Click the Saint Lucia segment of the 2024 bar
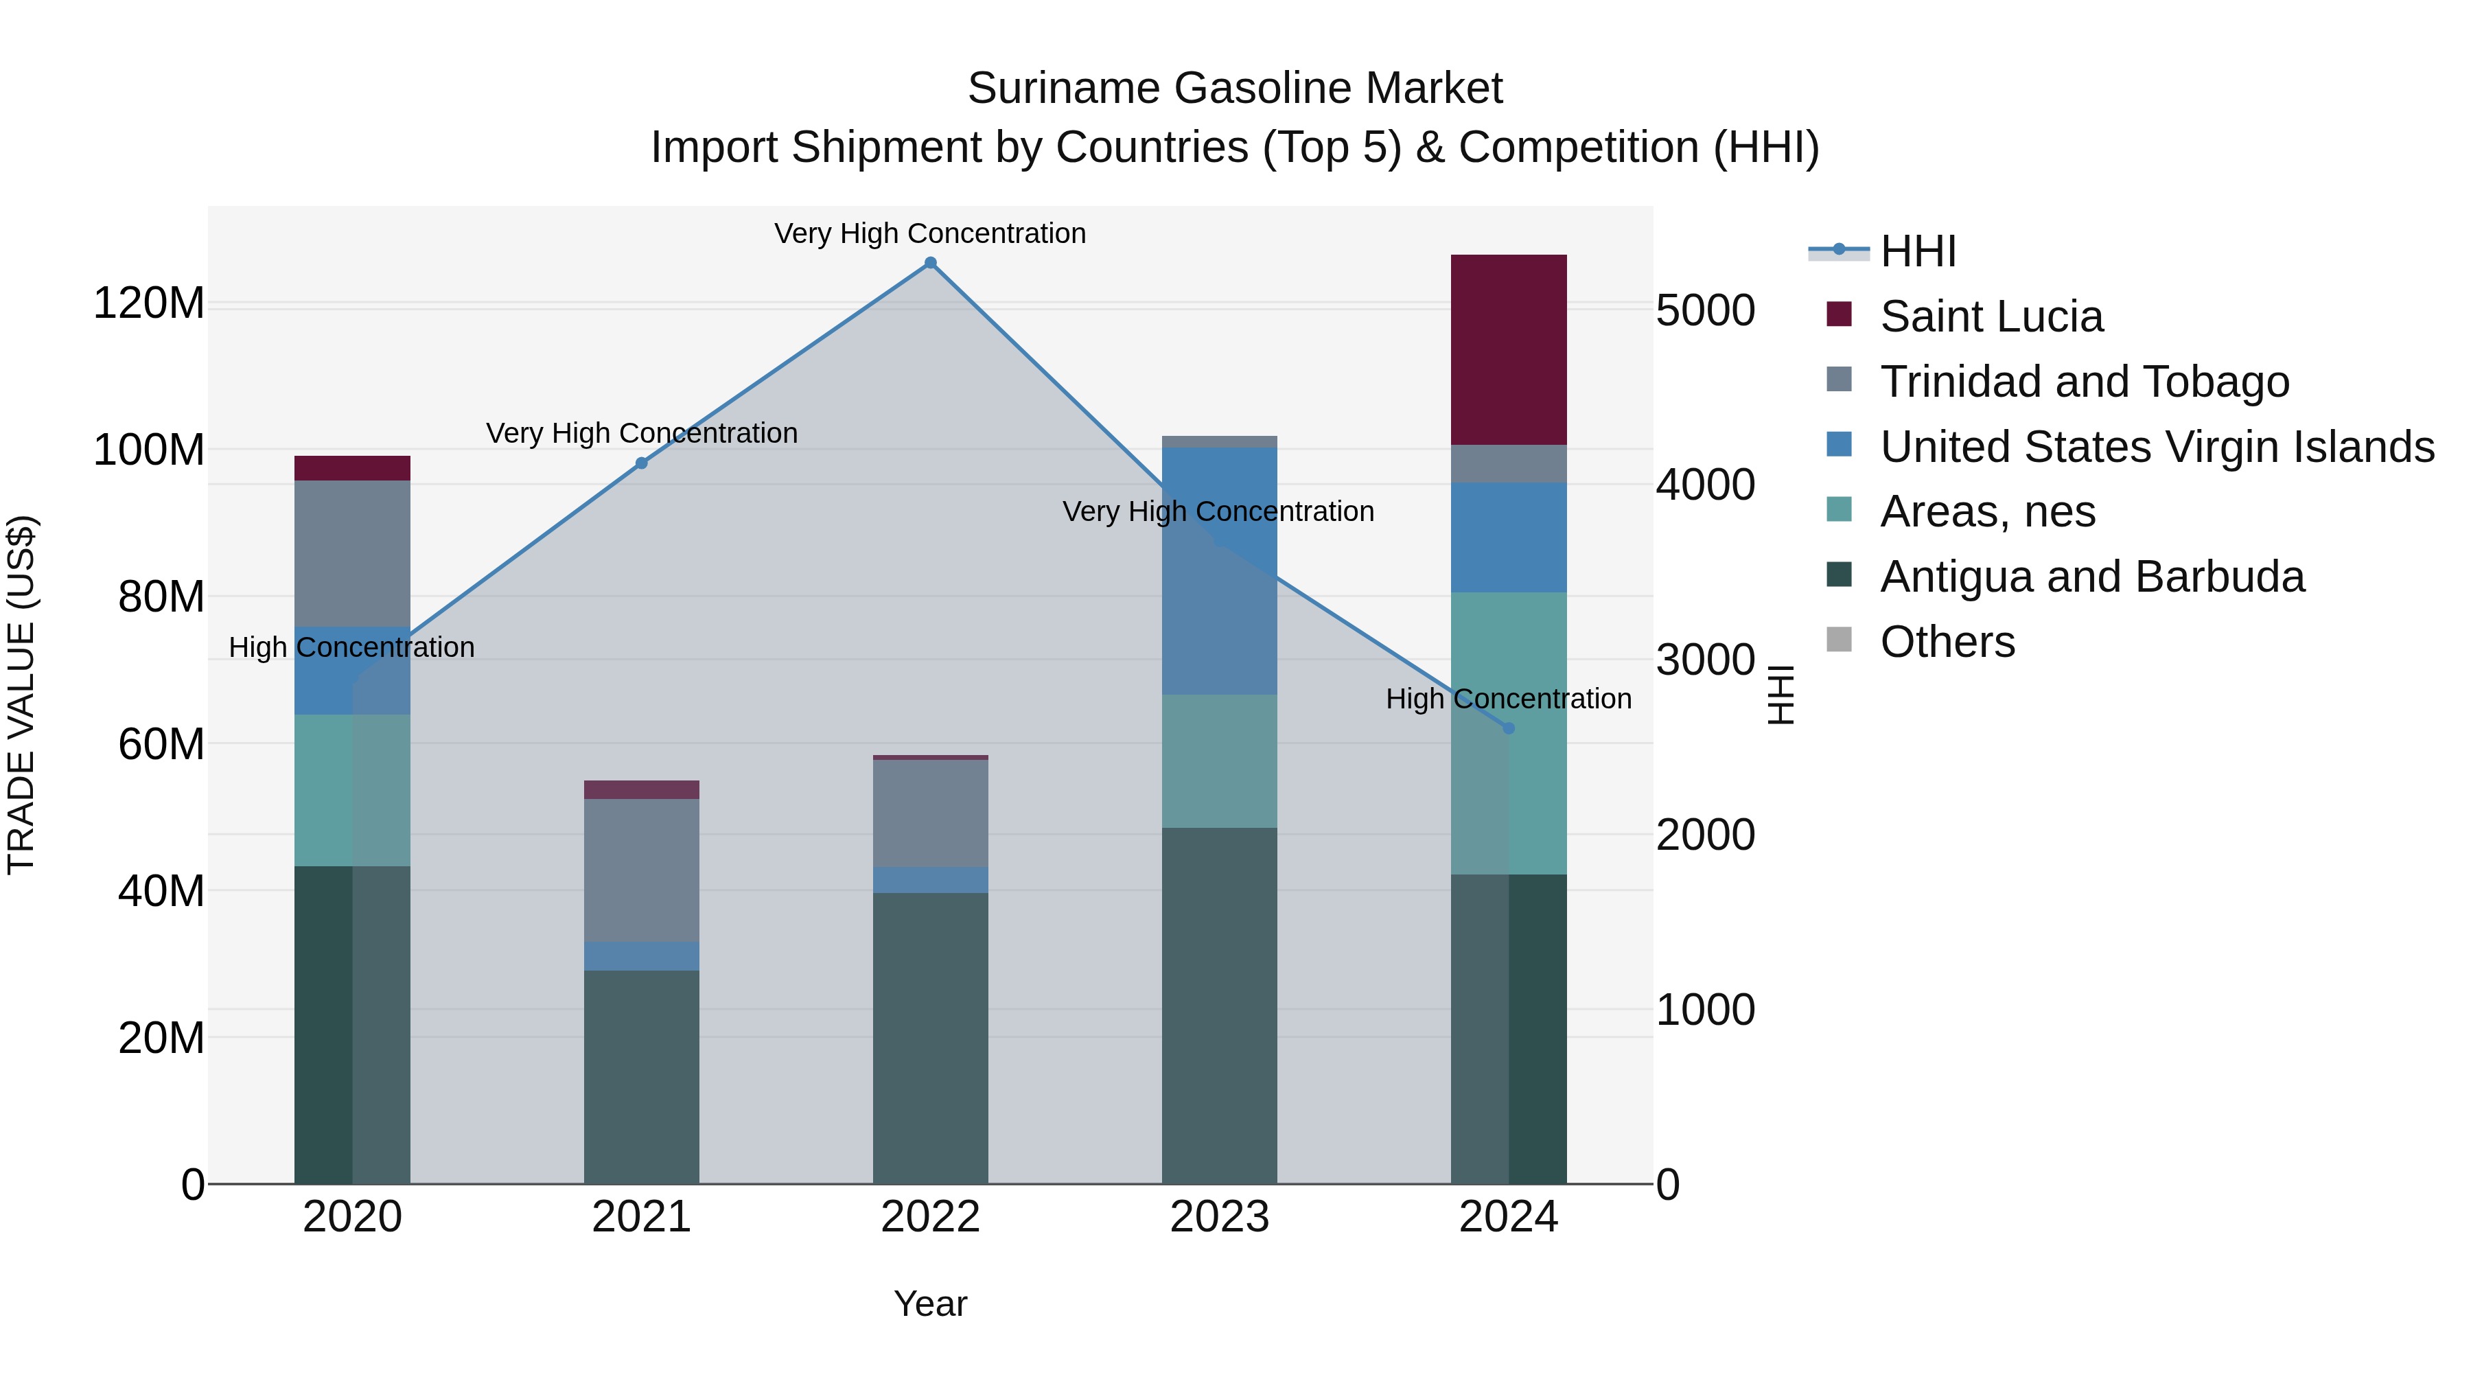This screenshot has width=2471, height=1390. tap(1508, 349)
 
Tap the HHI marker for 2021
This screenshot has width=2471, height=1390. tap(642, 463)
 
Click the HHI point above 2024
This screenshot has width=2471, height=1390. tap(1508, 729)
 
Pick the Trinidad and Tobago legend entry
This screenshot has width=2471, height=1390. tap(2083, 382)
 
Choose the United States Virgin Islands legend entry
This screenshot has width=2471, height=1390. tap(2157, 447)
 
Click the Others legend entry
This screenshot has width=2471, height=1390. tap(1947, 642)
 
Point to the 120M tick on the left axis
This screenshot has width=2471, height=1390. tap(149, 303)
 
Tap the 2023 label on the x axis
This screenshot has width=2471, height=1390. tap(1219, 1217)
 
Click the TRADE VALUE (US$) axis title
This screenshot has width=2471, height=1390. tap(21, 695)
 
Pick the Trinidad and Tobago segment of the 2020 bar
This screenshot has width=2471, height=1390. tap(352, 553)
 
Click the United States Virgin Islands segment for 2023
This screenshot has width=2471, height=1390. tap(1219, 571)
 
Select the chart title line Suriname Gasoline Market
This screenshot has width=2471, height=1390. tap(1235, 89)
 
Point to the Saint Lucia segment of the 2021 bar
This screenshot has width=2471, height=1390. tap(642, 789)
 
